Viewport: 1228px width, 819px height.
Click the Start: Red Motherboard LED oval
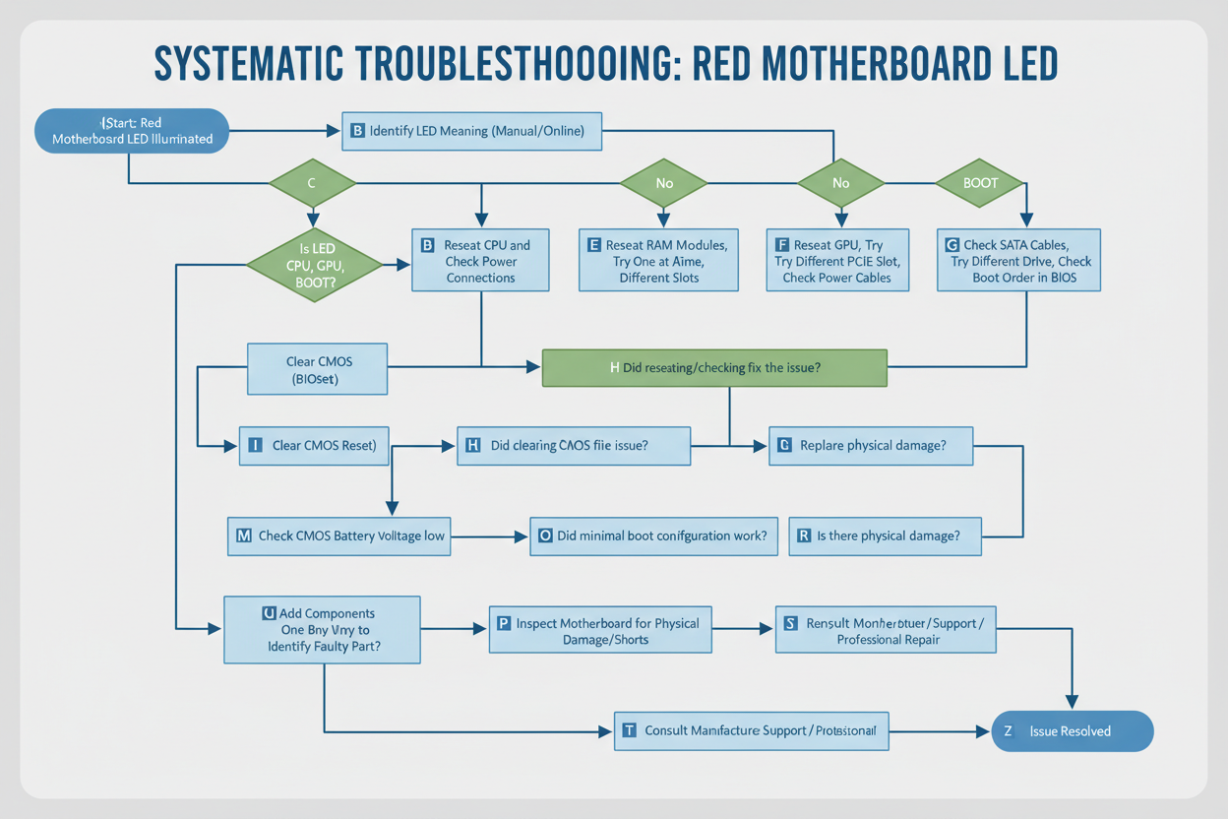[131, 131]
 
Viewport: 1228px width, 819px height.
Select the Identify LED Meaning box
[471, 131]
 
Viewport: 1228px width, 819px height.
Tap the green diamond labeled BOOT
[979, 183]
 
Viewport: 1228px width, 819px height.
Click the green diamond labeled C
[312, 183]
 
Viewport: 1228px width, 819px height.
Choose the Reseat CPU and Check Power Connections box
[480, 261]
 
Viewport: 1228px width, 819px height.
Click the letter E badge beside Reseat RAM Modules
[594, 245]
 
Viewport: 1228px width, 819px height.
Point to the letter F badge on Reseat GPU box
[782, 245]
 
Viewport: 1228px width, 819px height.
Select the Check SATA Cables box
[1018, 261]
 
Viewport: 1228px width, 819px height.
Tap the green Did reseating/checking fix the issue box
[714, 367]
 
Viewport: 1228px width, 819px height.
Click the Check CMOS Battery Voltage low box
[339, 536]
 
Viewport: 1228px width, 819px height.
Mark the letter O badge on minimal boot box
[545, 536]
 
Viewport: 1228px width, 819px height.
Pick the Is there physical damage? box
[885, 536]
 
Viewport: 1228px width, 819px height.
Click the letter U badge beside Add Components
[269, 613]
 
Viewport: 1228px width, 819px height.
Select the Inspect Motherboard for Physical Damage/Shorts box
[600, 631]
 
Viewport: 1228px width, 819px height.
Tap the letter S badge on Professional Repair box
[790, 623]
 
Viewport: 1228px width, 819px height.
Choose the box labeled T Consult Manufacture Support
[751, 731]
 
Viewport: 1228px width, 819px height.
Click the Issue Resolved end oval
[1072, 731]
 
